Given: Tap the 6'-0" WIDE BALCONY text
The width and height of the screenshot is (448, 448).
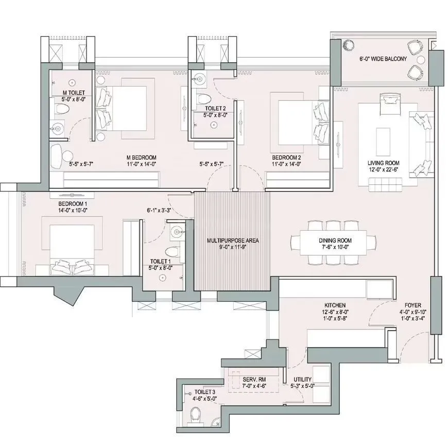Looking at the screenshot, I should click(383, 59).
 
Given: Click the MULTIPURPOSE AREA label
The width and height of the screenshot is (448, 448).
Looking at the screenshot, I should click(232, 240).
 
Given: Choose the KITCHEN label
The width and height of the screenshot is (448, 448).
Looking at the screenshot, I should click(335, 305).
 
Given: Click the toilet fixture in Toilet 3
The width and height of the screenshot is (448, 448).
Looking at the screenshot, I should click(195, 413).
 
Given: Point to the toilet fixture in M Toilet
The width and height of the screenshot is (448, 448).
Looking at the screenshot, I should click(62, 109).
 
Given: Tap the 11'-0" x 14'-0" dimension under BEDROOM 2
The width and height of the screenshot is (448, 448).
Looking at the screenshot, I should click(286, 164).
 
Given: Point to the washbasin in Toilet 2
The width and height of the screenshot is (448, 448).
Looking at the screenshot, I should click(200, 78).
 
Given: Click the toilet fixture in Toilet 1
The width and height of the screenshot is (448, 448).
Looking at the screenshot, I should click(175, 252).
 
